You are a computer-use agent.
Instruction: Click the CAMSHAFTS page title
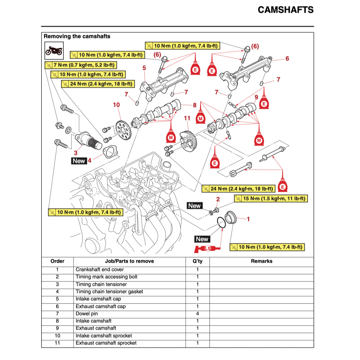pos(285,10)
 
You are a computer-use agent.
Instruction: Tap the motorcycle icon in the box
pos(54,50)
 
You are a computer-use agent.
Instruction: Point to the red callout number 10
pos(116,105)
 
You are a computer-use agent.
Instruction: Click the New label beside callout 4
pos(79,161)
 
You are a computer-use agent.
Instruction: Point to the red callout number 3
pos(76,153)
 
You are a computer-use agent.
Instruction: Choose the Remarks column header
pos(261,261)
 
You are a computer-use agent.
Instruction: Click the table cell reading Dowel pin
pos(86,314)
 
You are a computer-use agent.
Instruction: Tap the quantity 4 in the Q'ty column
pos(197,314)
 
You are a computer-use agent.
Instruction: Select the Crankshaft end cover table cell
pos(99,270)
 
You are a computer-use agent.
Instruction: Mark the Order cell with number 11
pos(57,343)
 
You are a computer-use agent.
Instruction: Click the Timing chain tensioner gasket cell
pos(109,292)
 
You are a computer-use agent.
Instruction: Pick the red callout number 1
pos(248,219)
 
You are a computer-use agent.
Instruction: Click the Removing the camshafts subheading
pos(77,37)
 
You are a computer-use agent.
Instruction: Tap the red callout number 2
pos(218,199)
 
